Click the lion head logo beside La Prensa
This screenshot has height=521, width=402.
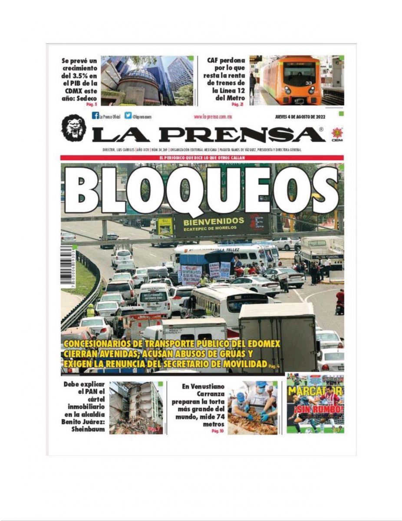pos(73,128)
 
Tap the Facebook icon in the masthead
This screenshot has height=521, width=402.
pos(95,116)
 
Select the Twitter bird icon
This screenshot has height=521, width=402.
pos(128,116)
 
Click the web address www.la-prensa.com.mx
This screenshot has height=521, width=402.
pos(213,117)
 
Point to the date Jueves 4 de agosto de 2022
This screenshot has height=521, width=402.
pos(300,117)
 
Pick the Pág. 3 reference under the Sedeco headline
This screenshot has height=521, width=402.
pos(93,104)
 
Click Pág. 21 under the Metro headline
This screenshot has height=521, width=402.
pos(236,104)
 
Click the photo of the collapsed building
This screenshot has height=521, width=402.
pos(136,408)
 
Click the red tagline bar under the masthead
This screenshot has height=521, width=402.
pos(202,158)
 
